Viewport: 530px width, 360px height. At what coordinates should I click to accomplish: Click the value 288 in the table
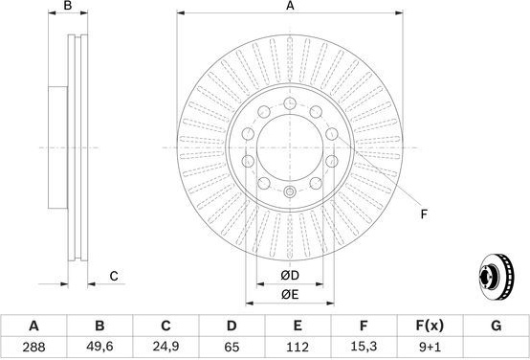click(33, 348)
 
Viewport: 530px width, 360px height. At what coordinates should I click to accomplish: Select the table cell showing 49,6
click(99, 347)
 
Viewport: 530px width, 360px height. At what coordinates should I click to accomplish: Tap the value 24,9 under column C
click(166, 347)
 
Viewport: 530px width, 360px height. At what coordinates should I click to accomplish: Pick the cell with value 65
click(232, 348)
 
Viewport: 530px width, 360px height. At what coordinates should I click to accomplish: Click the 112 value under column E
click(298, 348)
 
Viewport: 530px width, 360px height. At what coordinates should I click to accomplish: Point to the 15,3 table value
click(364, 347)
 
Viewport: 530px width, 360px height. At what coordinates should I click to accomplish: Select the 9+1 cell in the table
click(430, 348)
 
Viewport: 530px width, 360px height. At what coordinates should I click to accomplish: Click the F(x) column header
click(430, 326)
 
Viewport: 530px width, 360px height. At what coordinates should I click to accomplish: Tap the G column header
click(496, 326)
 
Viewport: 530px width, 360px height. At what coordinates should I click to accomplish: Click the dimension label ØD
click(290, 276)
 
